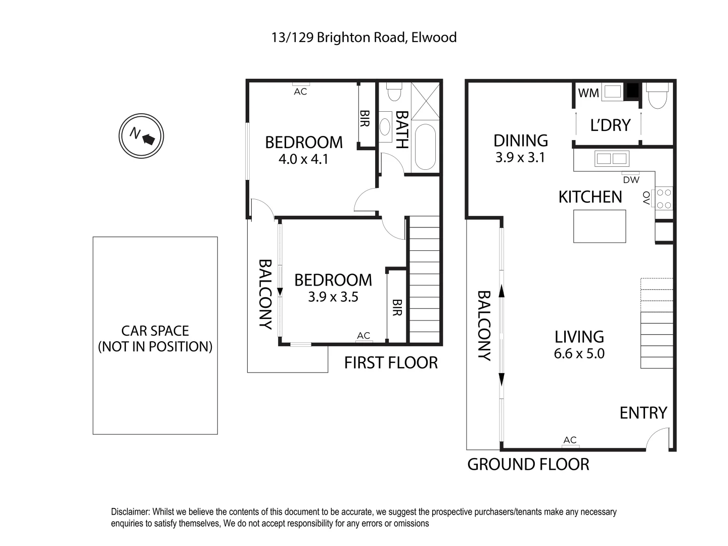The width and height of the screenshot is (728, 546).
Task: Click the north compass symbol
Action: click(x=142, y=136)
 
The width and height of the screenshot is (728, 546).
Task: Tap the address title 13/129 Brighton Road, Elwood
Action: click(x=364, y=37)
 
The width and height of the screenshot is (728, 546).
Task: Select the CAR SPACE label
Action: click(x=155, y=331)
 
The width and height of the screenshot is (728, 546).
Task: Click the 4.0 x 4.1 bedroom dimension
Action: click(x=303, y=159)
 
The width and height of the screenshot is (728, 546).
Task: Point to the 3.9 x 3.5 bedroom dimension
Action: click(x=333, y=297)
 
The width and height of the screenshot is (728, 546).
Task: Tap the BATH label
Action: click(x=401, y=129)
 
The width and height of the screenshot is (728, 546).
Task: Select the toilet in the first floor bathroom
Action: click(x=394, y=93)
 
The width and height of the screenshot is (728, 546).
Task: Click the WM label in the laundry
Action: click(x=588, y=93)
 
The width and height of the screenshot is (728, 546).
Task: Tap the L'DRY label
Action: click(x=610, y=125)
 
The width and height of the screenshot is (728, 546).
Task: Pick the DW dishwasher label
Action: click(x=631, y=179)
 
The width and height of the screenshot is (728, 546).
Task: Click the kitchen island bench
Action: click(x=600, y=226)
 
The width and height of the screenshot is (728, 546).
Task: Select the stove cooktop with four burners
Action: click(x=664, y=198)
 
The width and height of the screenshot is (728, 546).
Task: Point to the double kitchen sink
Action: click(x=612, y=159)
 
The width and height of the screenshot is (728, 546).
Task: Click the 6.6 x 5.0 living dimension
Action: click(x=579, y=353)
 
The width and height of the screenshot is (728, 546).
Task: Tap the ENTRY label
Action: click(x=643, y=413)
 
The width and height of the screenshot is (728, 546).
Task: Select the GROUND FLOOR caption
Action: click(x=528, y=464)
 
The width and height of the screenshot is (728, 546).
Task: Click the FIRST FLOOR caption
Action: click(x=391, y=362)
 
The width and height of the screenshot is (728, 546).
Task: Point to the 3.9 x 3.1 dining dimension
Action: click(x=520, y=157)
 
